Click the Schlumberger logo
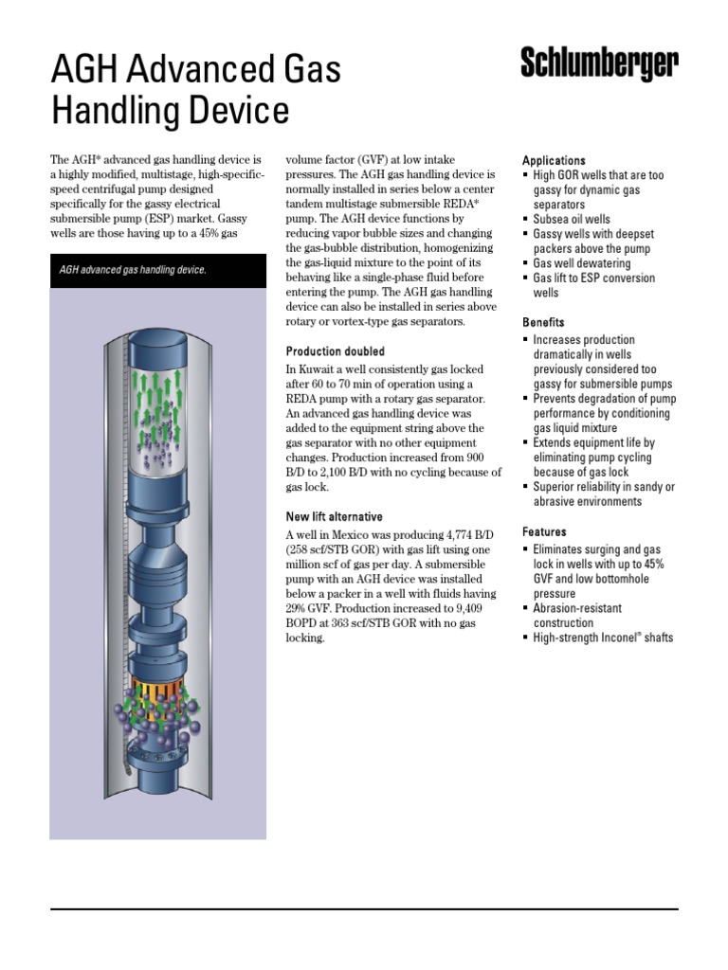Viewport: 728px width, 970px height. tap(599, 63)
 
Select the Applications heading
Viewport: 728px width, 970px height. tap(554, 161)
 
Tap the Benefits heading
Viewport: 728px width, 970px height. tap(543, 322)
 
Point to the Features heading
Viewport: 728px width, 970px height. tap(544, 532)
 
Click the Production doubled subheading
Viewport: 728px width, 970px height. tap(335, 351)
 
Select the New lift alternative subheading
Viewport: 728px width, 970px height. tap(335, 517)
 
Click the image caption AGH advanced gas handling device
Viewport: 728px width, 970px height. tap(133, 270)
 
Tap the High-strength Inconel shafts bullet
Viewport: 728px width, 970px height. tap(602, 638)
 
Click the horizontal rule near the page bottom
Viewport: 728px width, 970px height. tap(364, 909)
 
